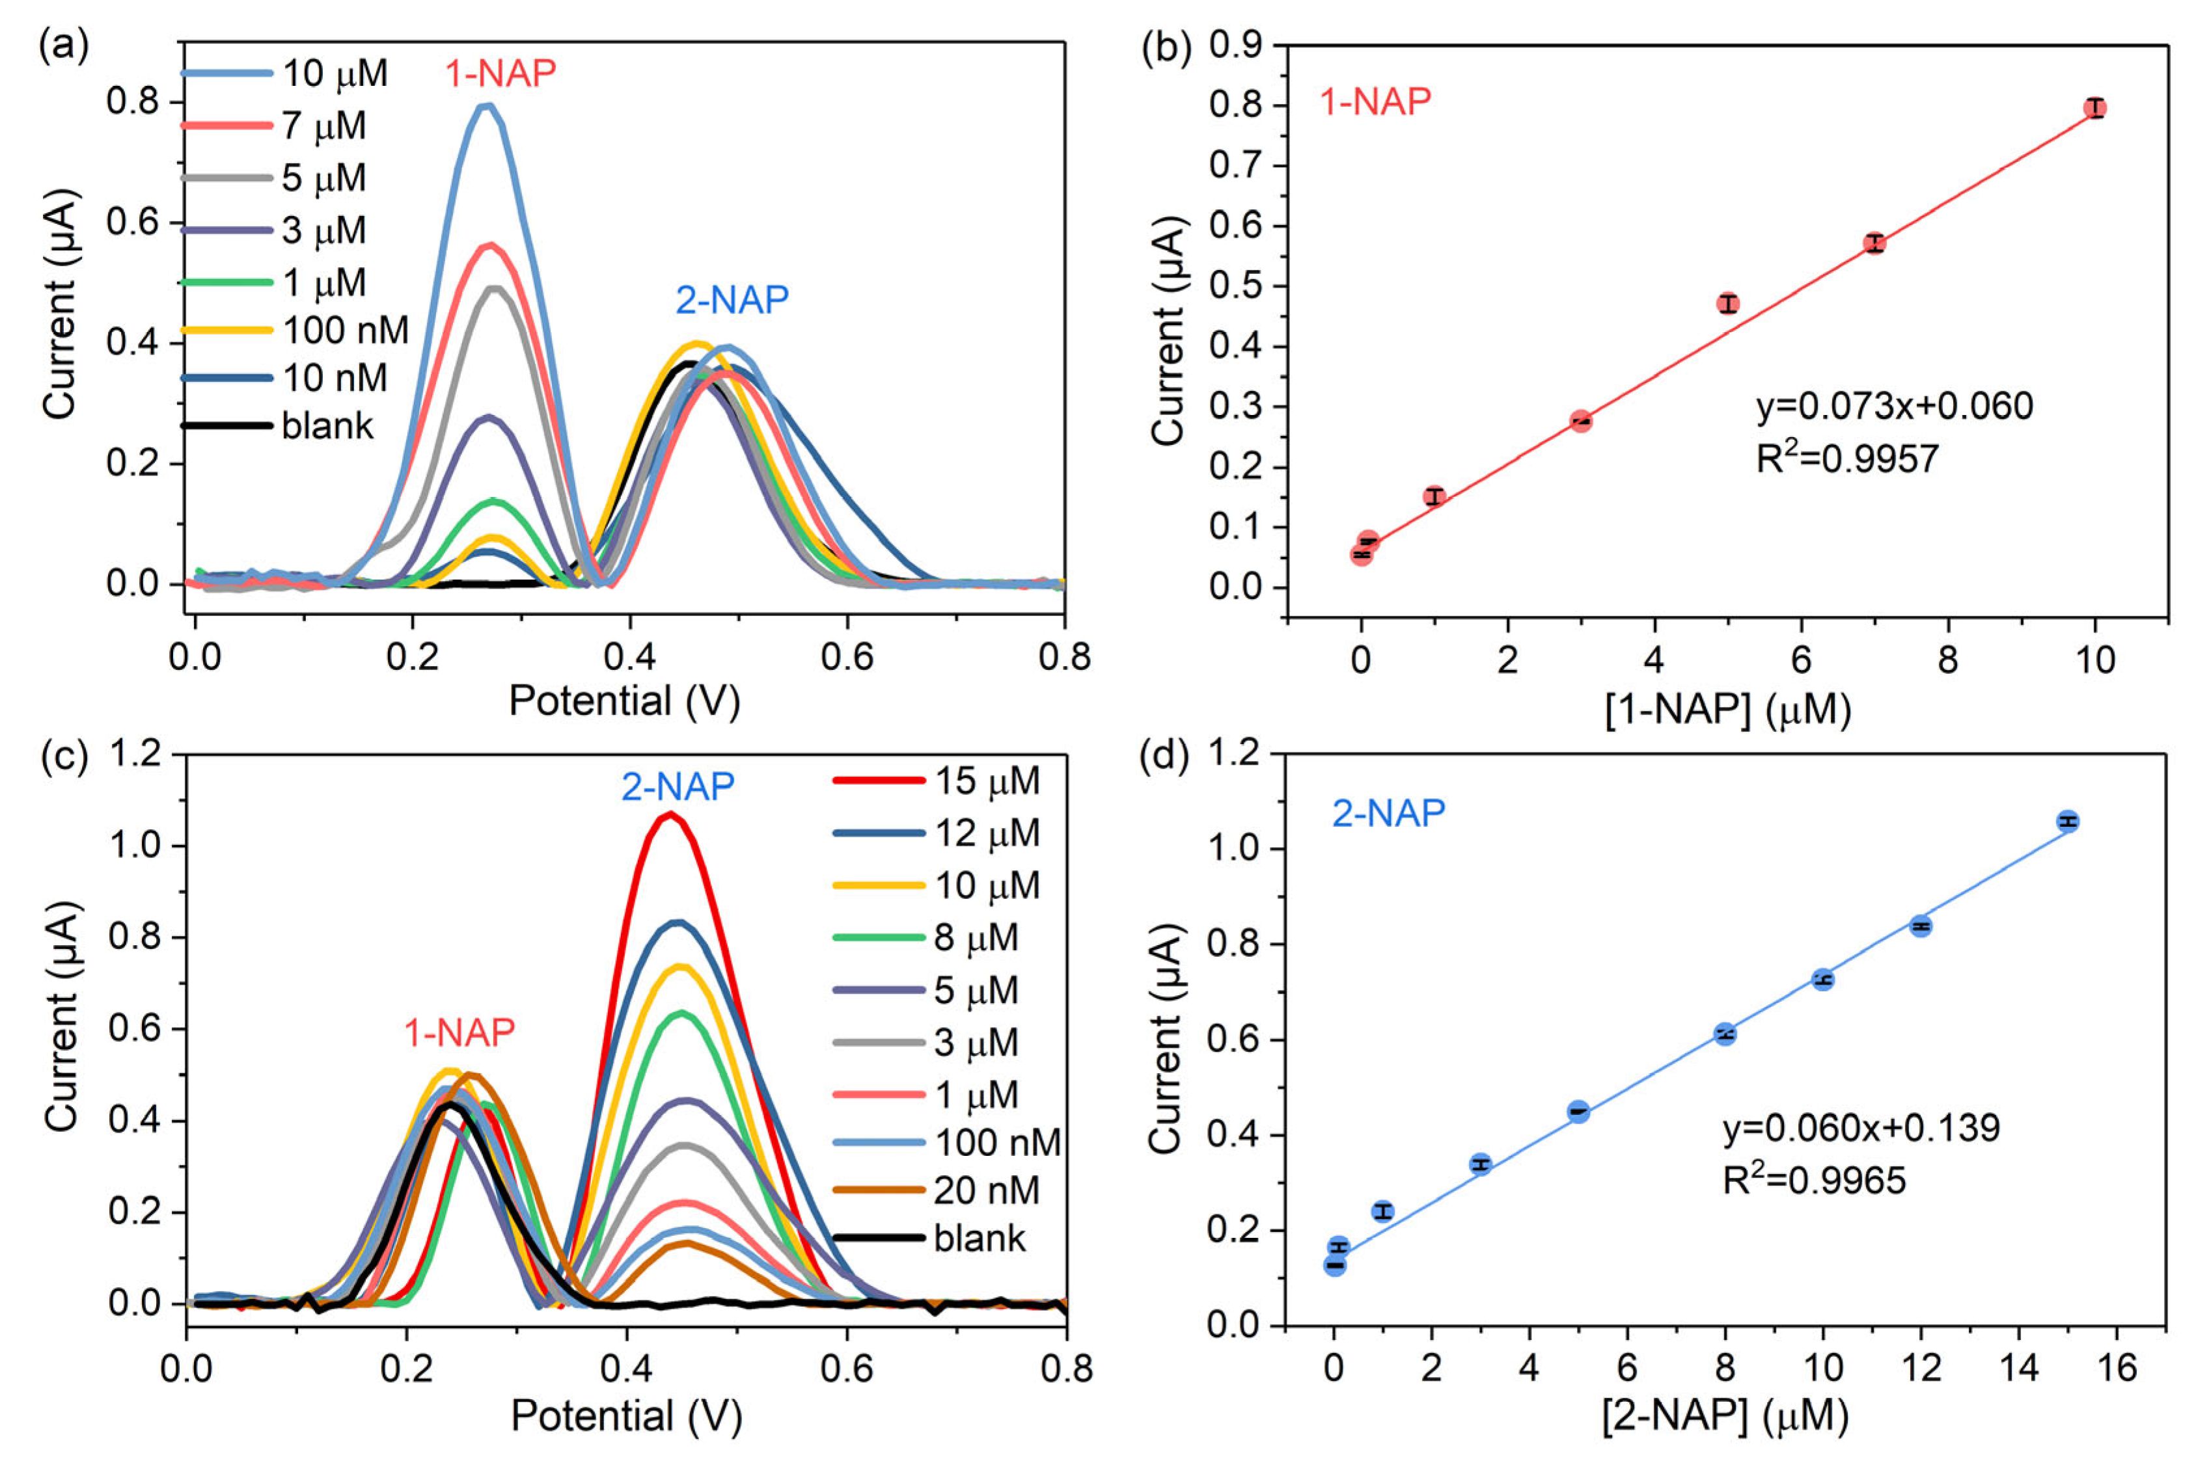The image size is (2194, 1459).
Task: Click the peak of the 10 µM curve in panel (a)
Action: tap(485, 106)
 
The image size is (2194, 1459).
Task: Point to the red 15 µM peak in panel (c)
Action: tap(669, 814)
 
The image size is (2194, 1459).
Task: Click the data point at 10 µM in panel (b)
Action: tap(2094, 108)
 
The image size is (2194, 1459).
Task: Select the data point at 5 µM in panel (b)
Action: tap(1727, 303)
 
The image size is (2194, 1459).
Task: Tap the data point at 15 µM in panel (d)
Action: tap(2067, 821)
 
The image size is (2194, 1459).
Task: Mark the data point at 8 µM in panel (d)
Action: tap(1725, 1034)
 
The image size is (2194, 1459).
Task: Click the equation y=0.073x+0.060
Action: tap(1893, 407)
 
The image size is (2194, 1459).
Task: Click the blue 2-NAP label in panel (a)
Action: tap(732, 300)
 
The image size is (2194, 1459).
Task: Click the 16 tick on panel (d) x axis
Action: tap(2116, 1368)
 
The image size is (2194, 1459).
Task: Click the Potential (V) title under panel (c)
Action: tap(625, 1416)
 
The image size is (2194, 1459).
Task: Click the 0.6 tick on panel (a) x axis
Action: tap(847, 658)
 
